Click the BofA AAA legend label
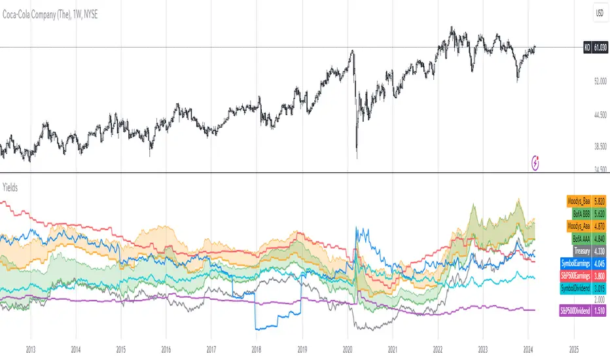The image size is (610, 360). tap(579, 238)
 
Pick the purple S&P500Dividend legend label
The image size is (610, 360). tap(574, 310)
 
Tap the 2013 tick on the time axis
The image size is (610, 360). tap(30, 350)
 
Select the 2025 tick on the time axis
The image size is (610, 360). tap(573, 350)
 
